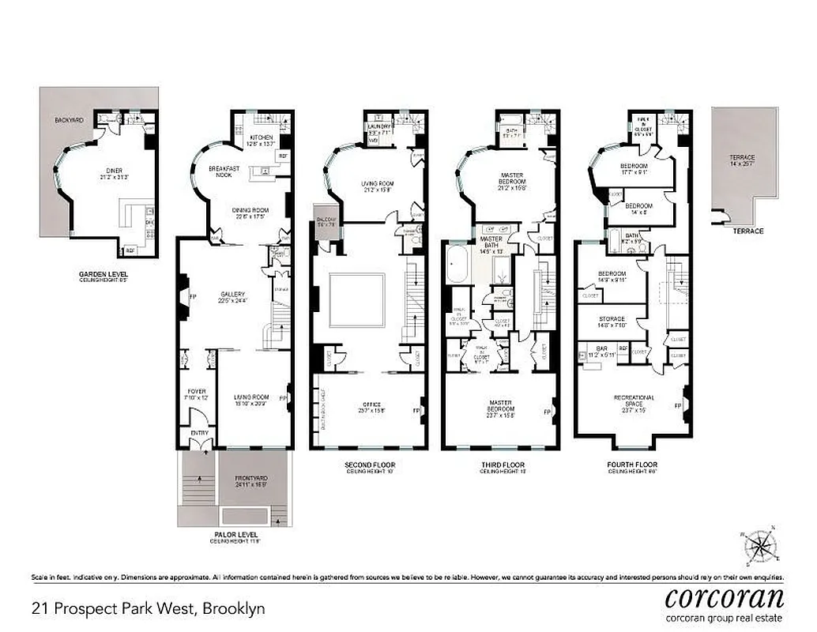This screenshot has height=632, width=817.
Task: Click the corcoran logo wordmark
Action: click(724, 596)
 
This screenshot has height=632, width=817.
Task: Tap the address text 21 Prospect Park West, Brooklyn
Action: click(148, 609)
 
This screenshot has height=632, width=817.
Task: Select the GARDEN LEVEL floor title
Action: click(103, 275)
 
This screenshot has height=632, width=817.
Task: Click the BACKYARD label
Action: click(69, 120)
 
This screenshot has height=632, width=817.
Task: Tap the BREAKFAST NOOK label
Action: click(224, 171)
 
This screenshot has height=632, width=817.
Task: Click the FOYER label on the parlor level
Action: click(196, 391)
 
